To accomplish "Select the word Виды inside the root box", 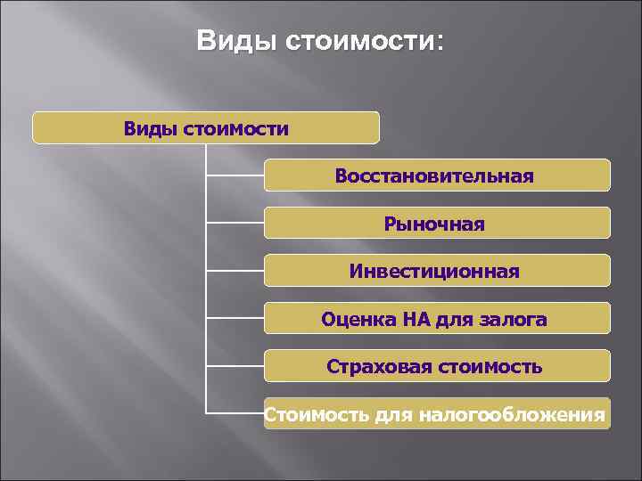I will pyautogui.click(x=151, y=129).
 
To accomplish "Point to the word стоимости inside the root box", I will pyautogui.click(x=235, y=129).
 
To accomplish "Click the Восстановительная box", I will pyautogui.click(x=436, y=176).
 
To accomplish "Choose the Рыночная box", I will pyautogui.click(x=436, y=224).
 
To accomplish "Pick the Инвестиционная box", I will pyautogui.click(x=436, y=271).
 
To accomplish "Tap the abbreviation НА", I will pyautogui.click(x=415, y=319).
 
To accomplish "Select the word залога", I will pyautogui.click(x=516, y=319).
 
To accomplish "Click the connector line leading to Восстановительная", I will pyautogui.click(x=235, y=176).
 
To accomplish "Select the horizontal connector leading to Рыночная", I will pyautogui.click(x=235, y=222).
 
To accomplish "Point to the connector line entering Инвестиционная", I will pyautogui.click(x=235, y=269).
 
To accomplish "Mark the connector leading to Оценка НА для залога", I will pyautogui.click(x=235, y=317).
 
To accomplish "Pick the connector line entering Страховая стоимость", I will pyautogui.click(x=235, y=364).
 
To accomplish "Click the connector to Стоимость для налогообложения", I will pyautogui.click(x=235, y=412).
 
